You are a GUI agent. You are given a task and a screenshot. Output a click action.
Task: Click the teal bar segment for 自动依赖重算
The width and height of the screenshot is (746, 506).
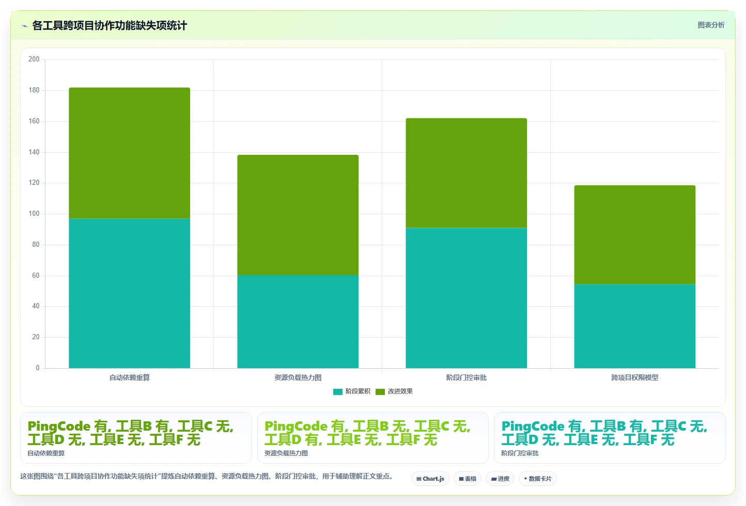tap(129, 293)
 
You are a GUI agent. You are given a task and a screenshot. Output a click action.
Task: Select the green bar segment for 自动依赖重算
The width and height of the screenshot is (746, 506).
tap(129, 153)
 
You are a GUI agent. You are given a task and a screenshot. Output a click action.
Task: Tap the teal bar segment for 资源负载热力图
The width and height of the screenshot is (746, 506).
tap(298, 322)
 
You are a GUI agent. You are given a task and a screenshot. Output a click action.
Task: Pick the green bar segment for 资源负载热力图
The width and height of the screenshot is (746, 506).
tap(298, 215)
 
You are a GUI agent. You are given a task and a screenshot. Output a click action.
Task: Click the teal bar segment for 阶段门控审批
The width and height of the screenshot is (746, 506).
tap(466, 298)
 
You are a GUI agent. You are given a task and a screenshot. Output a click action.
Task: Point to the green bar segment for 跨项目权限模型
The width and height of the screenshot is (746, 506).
tap(635, 235)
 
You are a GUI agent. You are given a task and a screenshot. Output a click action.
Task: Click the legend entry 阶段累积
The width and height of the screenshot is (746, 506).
tap(352, 391)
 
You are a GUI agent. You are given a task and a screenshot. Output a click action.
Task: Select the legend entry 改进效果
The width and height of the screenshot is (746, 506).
tap(394, 391)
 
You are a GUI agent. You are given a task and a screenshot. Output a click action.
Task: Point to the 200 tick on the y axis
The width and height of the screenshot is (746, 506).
tap(34, 59)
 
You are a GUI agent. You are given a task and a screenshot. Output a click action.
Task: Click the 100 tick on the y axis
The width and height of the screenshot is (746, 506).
tap(34, 213)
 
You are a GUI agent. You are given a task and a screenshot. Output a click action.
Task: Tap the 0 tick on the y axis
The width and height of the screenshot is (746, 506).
tap(38, 368)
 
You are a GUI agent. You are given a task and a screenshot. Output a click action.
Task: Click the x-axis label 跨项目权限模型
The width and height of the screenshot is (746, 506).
tap(635, 377)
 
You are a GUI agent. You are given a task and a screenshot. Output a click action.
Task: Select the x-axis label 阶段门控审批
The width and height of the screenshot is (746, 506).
tap(466, 377)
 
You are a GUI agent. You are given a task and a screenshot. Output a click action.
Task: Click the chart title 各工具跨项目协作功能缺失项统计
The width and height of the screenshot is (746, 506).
tap(110, 26)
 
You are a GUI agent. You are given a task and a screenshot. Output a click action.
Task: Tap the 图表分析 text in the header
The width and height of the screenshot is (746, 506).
tap(711, 25)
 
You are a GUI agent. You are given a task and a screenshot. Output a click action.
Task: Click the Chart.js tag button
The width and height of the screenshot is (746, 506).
tap(430, 479)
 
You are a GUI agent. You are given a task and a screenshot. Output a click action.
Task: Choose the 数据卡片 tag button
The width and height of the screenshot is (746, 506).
tap(537, 479)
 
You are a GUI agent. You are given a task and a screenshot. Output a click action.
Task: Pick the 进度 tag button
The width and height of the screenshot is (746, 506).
tap(500, 479)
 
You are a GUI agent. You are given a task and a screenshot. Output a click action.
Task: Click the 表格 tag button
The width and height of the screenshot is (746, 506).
tap(467, 479)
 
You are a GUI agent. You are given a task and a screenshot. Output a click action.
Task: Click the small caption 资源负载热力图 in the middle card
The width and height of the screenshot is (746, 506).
tap(286, 453)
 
